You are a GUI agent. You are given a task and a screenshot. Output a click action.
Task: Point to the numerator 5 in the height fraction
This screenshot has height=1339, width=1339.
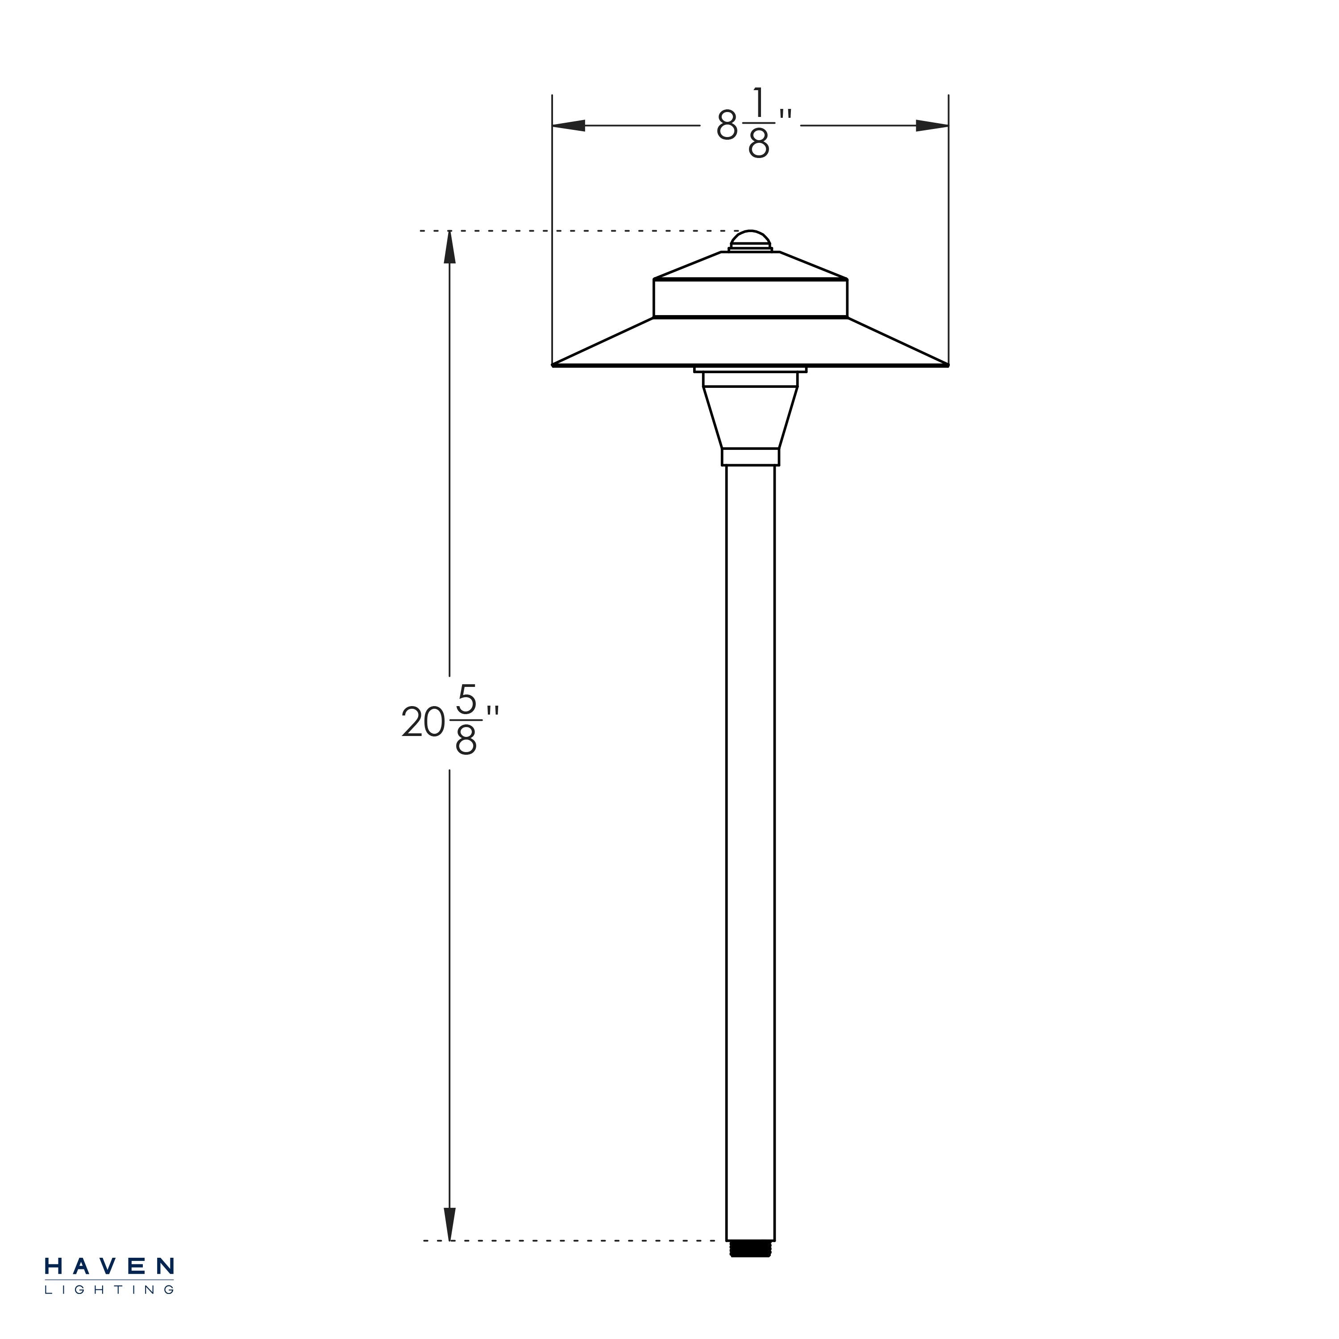[x=466, y=703]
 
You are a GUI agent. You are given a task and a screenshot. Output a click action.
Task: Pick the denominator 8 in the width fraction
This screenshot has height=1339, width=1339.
[x=758, y=144]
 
